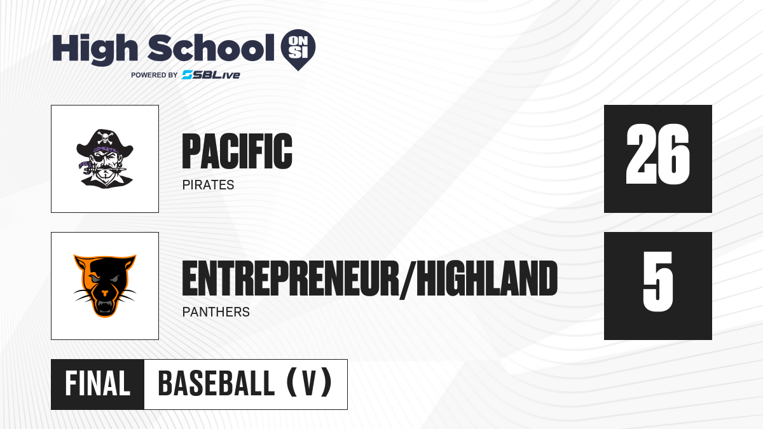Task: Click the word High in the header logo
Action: pyautogui.click(x=95, y=49)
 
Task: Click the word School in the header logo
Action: pyautogui.click(x=211, y=48)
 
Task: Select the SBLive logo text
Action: pyautogui.click(x=211, y=75)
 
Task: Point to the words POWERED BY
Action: pyautogui.click(x=155, y=75)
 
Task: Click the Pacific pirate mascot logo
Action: pyautogui.click(x=105, y=158)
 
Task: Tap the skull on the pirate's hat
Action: pyautogui.click(x=105, y=137)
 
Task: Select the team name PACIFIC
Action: pyautogui.click(x=237, y=151)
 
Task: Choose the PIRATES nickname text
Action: pyautogui.click(x=208, y=185)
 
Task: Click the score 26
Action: pyautogui.click(x=657, y=154)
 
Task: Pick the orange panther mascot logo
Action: pyautogui.click(x=105, y=285)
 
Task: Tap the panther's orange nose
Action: pyautogui.click(x=104, y=293)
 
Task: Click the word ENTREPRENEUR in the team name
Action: pyautogui.click(x=291, y=278)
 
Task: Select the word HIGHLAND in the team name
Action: pyautogui.click(x=487, y=278)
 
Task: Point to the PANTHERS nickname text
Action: pyautogui.click(x=216, y=312)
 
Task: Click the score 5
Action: pyautogui.click(x=657, y=282)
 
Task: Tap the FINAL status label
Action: pyautogui.click(x=98, y=384)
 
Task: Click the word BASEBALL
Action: pyautogui.click(x=216, y=384)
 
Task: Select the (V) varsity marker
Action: pyautogui.click(x=309, y=383)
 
